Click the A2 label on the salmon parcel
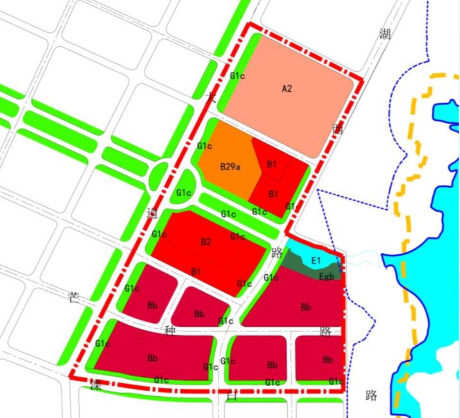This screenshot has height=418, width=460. coord(287,89)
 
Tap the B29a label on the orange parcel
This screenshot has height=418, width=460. coord(229,167)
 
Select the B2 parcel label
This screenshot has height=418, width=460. coord(206,242)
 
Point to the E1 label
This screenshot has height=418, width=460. coord(315,261)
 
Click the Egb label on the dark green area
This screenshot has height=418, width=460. coord(316,277)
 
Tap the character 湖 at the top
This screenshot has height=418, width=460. coord(385,34)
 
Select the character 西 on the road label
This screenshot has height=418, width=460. coord(338,128)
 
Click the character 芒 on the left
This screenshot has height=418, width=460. coord(75,297)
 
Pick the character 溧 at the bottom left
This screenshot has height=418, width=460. coord(96,385)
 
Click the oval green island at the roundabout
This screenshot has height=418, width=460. coord(157,175)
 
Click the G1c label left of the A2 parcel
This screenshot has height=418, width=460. coord(237,76)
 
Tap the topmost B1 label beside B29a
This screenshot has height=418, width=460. coord(272,164)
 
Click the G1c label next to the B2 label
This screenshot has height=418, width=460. coord(238,237)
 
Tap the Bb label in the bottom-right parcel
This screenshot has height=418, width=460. coord(328,360)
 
